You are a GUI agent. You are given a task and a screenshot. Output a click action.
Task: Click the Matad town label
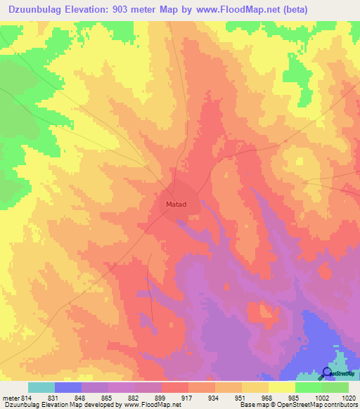(176, 204)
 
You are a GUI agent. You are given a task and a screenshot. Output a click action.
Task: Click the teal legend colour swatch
(41, 387)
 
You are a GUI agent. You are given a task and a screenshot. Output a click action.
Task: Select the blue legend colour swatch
(68, 387)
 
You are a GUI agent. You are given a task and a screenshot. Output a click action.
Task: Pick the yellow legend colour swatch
(281, 387)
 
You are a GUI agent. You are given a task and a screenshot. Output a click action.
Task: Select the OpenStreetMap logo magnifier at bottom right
(327, 372)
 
